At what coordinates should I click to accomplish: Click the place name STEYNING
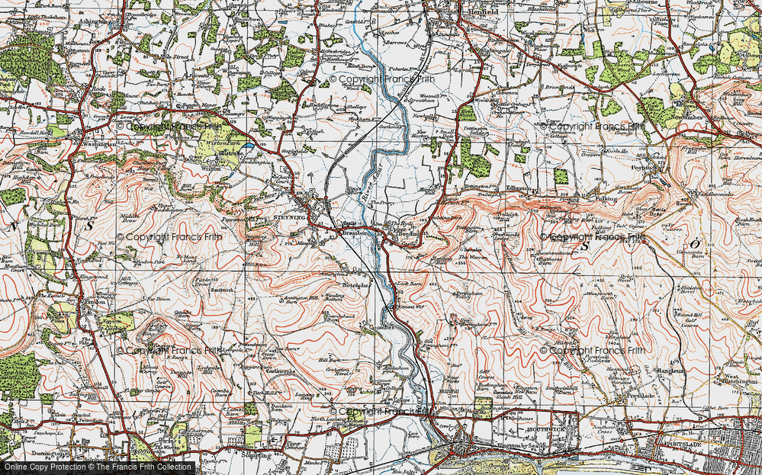[x=289, y=217]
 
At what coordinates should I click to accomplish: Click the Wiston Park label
[x=220, y=143]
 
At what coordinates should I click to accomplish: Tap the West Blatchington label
[x=734, y=379]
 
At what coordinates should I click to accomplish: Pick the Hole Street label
[x=173, y=56]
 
